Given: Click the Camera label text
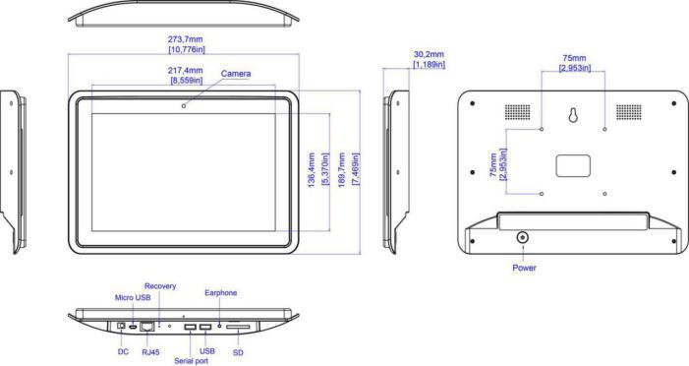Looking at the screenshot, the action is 236,74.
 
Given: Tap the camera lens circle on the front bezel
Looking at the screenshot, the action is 184,105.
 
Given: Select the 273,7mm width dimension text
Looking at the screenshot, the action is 186,39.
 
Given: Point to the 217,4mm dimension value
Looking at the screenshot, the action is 186,71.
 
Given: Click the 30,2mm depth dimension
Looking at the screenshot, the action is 429,54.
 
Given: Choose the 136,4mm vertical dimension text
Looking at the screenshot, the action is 312,170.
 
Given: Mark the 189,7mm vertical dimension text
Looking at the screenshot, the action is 342,170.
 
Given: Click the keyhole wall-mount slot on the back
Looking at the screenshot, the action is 573,115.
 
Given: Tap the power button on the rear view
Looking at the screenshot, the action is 523,238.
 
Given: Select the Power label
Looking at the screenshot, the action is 524,268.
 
